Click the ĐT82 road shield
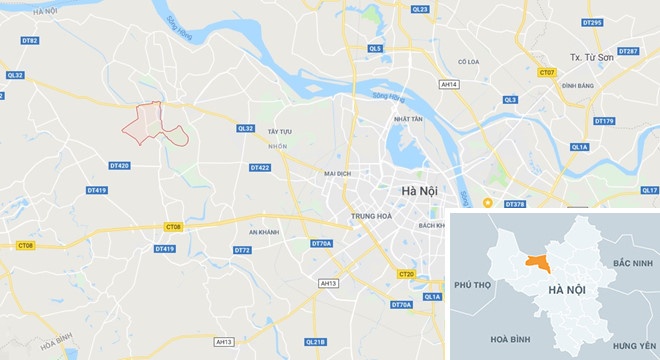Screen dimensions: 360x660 (x=30, y=41)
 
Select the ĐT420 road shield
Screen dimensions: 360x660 (x=118, y=165)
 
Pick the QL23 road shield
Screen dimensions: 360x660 (x=419, y=9)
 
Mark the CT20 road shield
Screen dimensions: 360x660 (x=405, y=274)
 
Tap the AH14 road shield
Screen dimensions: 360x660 (x=449, y=85)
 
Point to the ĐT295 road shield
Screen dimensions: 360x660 (x=591, y=22)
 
